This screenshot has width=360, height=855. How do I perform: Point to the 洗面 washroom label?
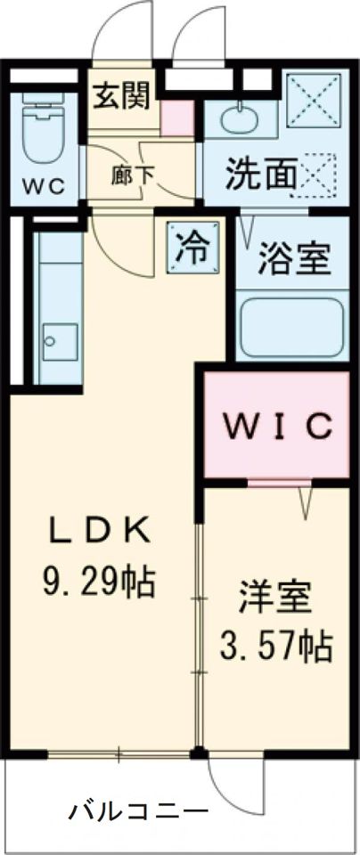[x=259, y=175]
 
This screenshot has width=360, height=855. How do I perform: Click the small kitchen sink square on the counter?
[x=60, y=341]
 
